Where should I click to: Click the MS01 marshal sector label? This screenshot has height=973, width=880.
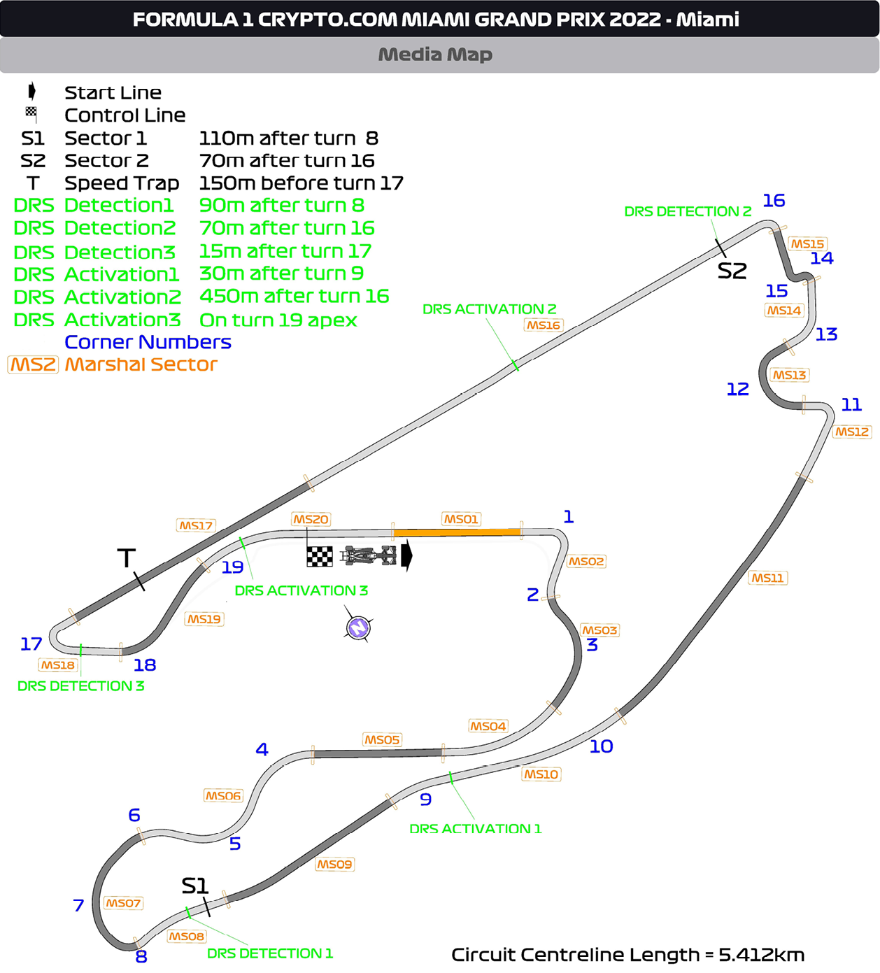point(461,519)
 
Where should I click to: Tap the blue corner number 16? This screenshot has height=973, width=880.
point(774,201)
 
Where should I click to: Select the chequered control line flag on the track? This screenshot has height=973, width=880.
point(320,557)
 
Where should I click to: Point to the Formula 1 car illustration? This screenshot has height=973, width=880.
point(369,556)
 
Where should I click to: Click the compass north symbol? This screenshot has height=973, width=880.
point(358,627)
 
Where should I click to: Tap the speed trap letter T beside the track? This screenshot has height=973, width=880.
point(126,558)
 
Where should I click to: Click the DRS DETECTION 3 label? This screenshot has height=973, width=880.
point(80,686)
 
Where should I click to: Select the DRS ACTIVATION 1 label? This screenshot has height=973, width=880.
point(475,829)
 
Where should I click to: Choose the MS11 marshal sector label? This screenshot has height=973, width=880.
point(767,578)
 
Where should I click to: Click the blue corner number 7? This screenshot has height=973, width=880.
point(78,905)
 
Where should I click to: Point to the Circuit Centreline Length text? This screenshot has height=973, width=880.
point(627,955)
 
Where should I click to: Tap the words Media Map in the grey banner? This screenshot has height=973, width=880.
point(435,55)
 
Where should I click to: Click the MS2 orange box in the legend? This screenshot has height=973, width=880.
point(33,364)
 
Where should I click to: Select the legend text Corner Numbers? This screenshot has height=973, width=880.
point(148,342)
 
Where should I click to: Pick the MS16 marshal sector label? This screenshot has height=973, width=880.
point(544,325)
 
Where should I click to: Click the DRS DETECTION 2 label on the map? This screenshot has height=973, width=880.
point(688,211)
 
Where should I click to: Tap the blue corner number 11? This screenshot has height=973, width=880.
point(851,404)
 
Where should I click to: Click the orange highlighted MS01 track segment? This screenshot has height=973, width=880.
point(457,533)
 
